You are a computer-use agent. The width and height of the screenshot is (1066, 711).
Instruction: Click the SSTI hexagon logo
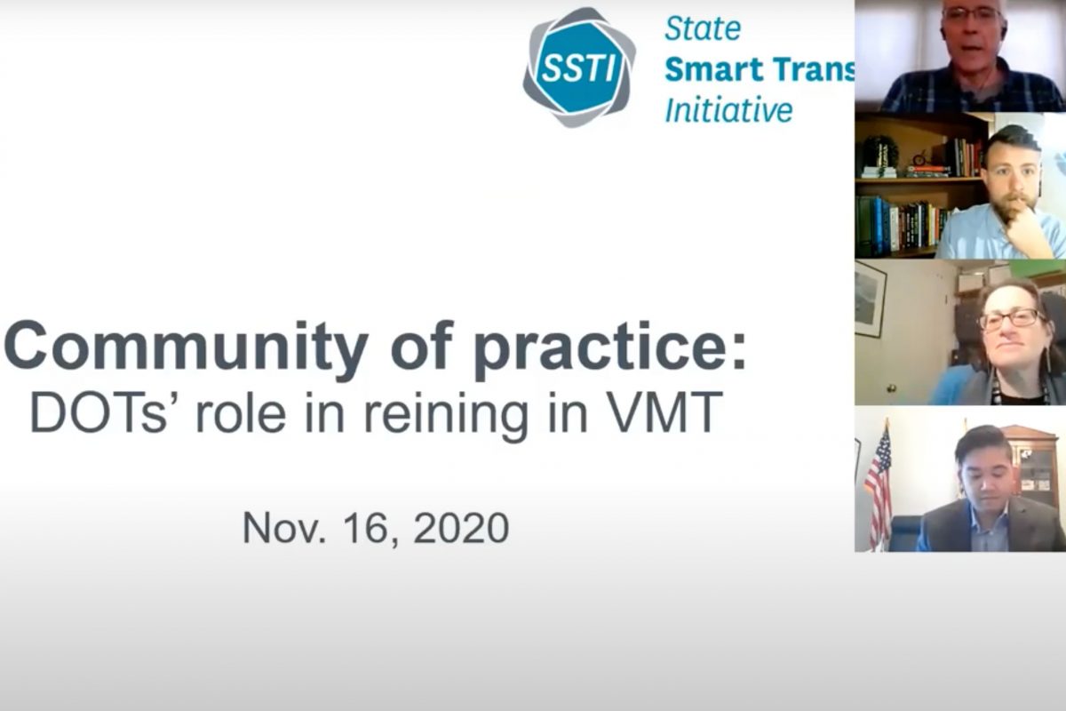[579, 68]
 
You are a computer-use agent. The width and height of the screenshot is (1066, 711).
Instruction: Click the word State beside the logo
[703, 28]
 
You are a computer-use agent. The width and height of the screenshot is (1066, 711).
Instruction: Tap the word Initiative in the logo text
[728, 110]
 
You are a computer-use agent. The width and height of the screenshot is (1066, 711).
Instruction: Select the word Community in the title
[186, 347]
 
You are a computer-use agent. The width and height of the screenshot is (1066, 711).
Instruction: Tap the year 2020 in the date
[461, 528]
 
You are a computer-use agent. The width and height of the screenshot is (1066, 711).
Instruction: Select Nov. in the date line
[284, 528]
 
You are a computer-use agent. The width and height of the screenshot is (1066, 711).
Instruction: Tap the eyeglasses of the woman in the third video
[1011, 319]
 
